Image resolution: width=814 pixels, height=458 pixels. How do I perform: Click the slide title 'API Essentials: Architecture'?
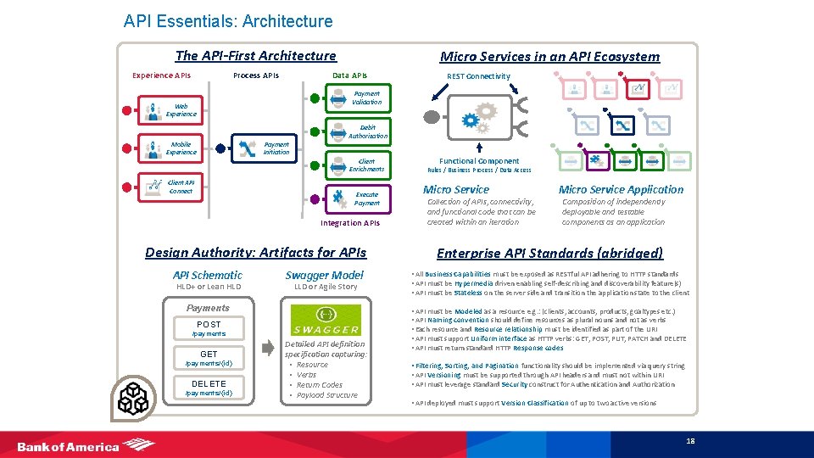coord(228,21)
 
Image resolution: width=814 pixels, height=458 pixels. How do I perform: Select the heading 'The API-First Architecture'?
coord(255,56)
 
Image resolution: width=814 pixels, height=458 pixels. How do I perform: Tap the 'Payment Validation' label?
coord(367,98)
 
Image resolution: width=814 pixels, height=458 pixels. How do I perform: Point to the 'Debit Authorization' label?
coord(367,131)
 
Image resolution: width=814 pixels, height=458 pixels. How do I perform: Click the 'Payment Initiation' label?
coord(276,148)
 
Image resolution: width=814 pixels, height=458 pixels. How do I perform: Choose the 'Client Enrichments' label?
coord(366,165)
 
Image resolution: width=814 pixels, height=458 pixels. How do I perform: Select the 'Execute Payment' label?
coord(367,198)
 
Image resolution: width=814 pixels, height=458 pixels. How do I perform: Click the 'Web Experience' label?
coord(181,110)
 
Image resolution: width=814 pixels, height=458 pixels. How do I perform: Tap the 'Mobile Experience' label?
coord(181,148)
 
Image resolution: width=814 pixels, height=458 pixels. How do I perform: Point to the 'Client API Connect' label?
coord(181,187)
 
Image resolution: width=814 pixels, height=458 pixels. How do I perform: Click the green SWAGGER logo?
coord(326,321)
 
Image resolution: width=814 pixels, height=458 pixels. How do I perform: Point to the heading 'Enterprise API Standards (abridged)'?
coord(549,253)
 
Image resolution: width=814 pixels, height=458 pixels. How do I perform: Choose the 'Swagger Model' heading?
coord(324,275)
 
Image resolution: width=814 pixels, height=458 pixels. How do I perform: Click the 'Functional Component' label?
coord(479,161)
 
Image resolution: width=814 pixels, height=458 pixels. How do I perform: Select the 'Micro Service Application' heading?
coord(621,189)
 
